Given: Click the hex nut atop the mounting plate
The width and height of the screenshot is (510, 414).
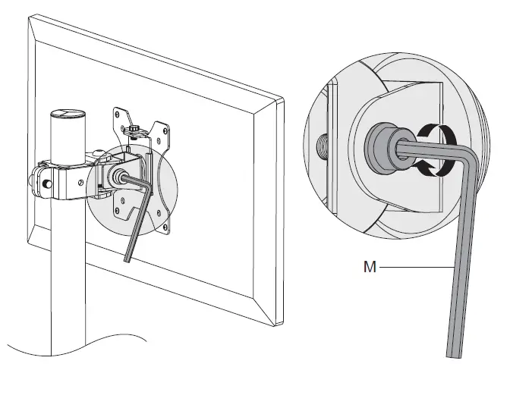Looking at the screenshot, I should pyautogui.click(x=134, y=130).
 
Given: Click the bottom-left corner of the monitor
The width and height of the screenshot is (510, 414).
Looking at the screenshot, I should pyautogui.click(x=30, y=242).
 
